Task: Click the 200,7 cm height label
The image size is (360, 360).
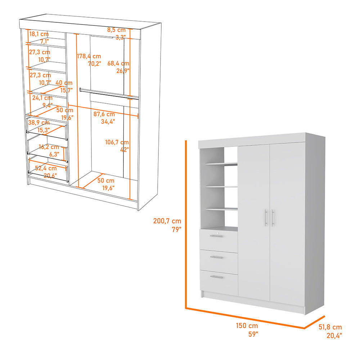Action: (167, 221)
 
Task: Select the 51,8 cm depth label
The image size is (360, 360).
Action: (330, 327)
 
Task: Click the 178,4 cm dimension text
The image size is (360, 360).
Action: (89, 56)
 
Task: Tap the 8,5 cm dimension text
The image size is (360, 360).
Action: (116, 30)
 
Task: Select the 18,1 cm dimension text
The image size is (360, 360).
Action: (39, 34)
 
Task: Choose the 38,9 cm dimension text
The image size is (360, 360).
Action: (39, 122)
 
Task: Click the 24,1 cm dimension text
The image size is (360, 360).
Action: (42, 98)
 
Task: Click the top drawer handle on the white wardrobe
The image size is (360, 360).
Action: (217, 236)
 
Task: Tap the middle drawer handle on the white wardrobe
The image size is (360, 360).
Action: (217, 257)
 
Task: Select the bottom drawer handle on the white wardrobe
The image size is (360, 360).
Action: (217, 277)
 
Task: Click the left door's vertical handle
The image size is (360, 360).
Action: (265, 218)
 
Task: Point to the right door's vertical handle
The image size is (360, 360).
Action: (273, 218)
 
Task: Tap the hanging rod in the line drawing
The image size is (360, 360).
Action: (108, 93)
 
